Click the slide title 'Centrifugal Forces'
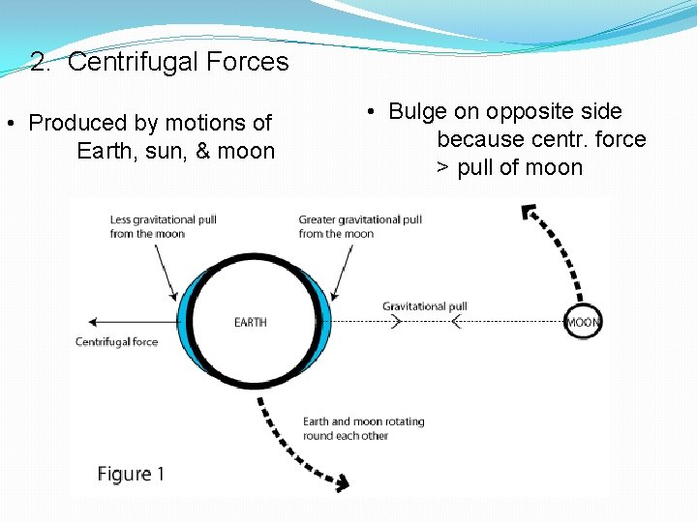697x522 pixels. coord(178,63)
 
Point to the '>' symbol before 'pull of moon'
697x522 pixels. coord(441,168)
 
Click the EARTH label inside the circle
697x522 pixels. coord(250,322)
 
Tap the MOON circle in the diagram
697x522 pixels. coord(583,322)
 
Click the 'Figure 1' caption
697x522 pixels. coord(131,474)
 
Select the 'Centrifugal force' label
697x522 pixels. coord(116,341)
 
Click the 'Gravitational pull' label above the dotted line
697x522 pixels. coord(424,306)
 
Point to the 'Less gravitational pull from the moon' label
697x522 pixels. coord(163,226)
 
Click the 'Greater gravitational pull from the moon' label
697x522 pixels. coord(360,226)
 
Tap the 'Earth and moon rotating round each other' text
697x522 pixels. coord(363,428)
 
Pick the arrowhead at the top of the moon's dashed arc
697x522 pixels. coord(528,212)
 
